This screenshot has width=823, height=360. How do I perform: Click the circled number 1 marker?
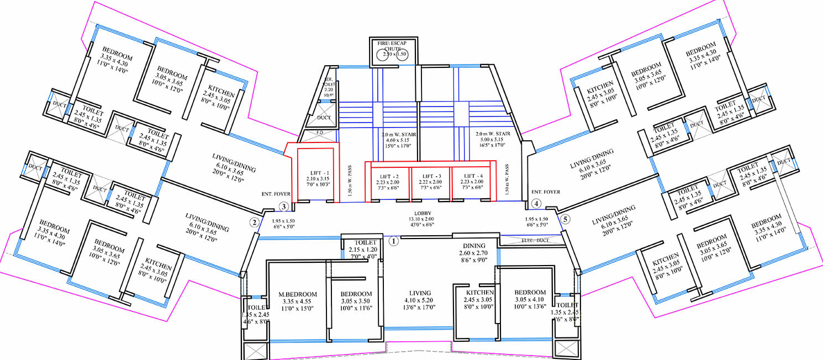click(x=394, y=241)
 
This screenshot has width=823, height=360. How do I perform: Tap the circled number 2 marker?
click(x=254, y=223)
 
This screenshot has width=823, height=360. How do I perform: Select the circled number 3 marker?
click(x=283, y=207)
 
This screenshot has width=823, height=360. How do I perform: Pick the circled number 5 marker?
click(x=564, y=219)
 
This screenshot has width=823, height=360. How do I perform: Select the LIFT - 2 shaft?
click(x=389, y=184)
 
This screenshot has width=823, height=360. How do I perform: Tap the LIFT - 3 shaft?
click(x=431, y=184)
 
